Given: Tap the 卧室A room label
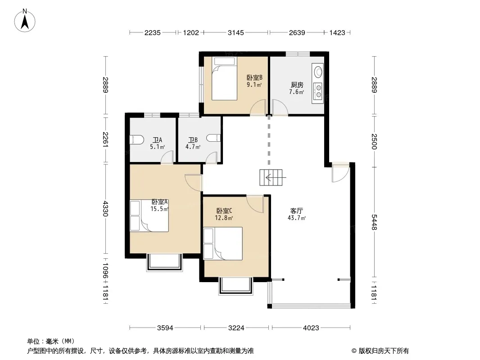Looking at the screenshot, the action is coord(159,202).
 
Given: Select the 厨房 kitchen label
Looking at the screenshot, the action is coord(297,85).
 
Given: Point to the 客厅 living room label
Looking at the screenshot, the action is coord(297,211).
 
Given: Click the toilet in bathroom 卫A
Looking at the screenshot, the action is coord(137,139).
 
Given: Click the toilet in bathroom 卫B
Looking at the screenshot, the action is coord(213,138).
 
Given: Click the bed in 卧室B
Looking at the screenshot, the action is coord(224,78).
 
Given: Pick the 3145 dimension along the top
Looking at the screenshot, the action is coord(235,32).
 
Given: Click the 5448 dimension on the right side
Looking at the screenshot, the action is coord(374,222).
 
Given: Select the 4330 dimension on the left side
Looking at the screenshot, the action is coord(105,209).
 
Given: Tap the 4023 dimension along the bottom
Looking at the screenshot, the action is coord(311,328).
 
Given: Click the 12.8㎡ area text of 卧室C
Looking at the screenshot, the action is coord(224,218).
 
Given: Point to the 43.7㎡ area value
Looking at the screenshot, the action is coord(297,218).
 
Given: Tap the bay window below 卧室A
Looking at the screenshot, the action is coord(165,262).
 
